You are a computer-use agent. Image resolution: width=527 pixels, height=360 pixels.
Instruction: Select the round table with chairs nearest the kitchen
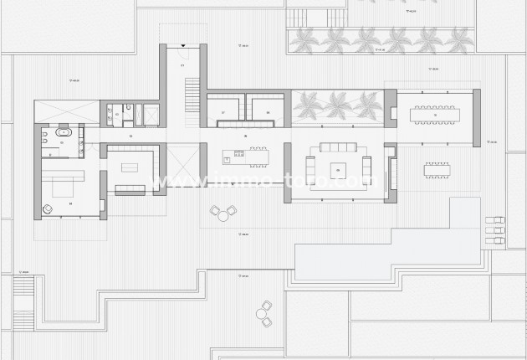(223, 215)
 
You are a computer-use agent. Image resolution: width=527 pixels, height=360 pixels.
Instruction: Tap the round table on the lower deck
(264, 314)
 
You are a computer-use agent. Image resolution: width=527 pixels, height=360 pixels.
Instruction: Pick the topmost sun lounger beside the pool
(494, 220)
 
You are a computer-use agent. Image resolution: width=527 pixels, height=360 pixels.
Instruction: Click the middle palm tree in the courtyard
(340, 105)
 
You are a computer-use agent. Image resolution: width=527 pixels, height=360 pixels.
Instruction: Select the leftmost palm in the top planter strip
(304, 39)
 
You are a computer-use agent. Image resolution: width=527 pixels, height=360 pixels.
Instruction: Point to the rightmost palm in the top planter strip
(458, 39)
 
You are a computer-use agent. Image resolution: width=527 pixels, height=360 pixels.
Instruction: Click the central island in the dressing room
(129, 166)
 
